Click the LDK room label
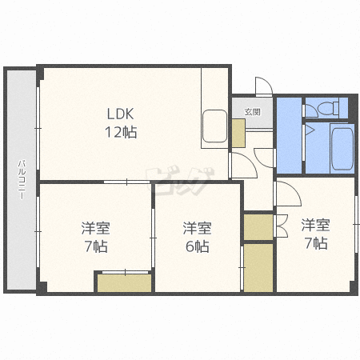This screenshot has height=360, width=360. click(x=120, y=114)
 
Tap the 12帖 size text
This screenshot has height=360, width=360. click(x=121, y=132)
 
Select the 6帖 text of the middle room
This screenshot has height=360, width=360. click(x=198, y=246)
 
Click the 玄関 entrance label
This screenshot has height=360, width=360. click(x=252, y=112)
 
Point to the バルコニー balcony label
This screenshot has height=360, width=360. click(x=22, y=179)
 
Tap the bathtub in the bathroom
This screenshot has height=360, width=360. click(x=342, y=149)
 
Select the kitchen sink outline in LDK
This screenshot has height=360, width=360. click(x=214, y=126)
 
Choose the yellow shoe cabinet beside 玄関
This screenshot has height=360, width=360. click(x=238, y=133)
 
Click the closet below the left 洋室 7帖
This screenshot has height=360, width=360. click(x=124, y=282)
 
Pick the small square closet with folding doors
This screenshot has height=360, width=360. click(x=258, y=227)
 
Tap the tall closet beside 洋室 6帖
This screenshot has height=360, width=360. click(x=258, y=267)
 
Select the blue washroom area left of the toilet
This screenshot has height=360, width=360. click(x=289, y=135)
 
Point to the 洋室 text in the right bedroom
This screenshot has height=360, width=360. click(x=315, y=225)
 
